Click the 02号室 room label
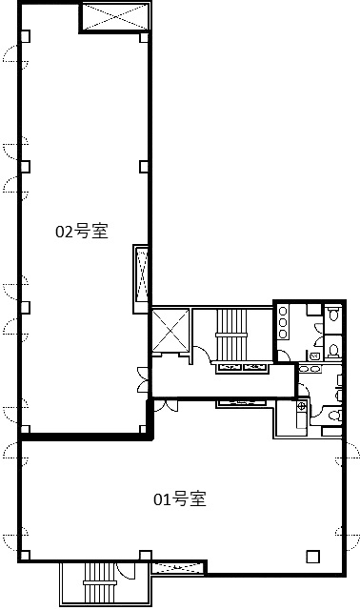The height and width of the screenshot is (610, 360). [82, 231]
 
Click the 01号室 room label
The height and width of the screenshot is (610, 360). [180, 499]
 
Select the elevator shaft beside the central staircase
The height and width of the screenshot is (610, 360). [170, 330]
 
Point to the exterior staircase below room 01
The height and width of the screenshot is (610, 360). [100, 582]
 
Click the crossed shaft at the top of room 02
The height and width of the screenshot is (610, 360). [115, 17]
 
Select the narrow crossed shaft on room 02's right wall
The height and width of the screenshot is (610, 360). [141, 278]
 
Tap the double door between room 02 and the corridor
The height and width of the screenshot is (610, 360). [144, 379]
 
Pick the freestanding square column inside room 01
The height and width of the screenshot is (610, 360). [312, 557]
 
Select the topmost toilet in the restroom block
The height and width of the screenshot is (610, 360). [333, 314]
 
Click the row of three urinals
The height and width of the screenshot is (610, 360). [283, 323]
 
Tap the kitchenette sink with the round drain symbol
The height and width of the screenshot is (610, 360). [302, 407]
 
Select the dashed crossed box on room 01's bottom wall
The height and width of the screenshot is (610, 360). [177, 567]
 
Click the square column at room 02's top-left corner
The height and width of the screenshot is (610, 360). [25, 36]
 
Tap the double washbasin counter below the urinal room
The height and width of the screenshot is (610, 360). [310, 369]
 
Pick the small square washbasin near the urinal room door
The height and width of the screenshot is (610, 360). [313, 356]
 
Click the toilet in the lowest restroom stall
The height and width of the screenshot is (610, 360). [334, 416]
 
